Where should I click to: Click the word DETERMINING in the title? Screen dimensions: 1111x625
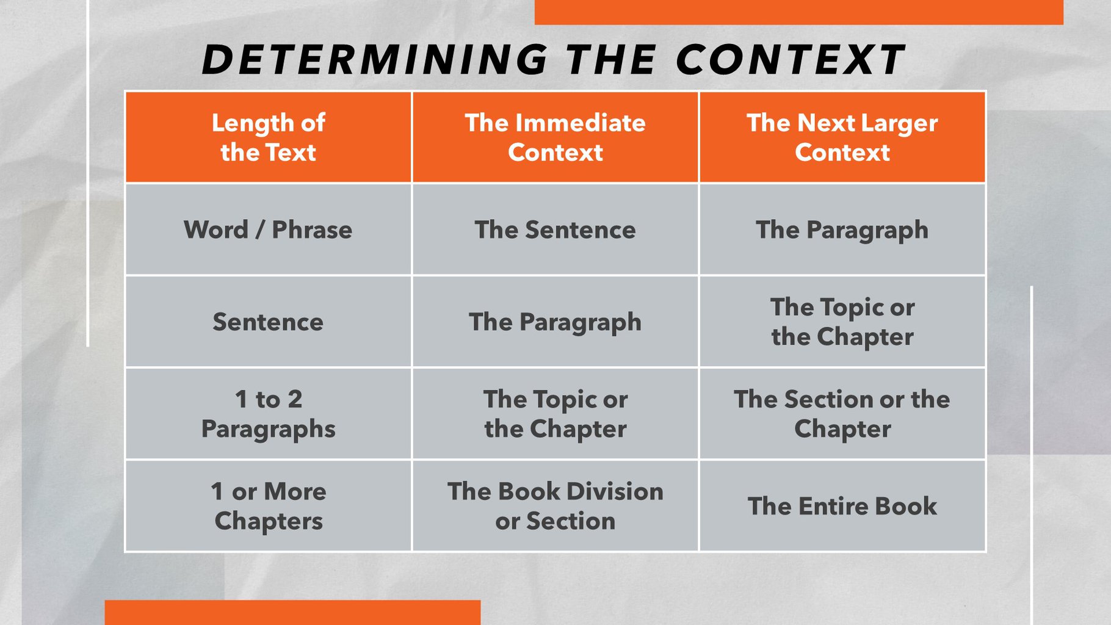(375, 60)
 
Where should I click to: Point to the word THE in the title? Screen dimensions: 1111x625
(611, 60)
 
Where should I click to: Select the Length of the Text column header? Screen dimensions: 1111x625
(268, 137)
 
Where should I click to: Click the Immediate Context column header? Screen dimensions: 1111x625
(555, 137)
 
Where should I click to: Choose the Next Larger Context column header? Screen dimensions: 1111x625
(842, 137)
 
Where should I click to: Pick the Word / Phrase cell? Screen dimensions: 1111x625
(268, 230)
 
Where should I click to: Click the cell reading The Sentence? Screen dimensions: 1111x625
(555, 230)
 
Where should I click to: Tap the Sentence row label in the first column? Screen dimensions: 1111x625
(268, 322)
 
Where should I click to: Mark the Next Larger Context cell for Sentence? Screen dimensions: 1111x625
(842, 322)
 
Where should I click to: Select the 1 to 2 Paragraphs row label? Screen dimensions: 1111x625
(268, 414)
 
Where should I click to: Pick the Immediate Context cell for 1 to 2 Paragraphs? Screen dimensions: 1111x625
(555, 414)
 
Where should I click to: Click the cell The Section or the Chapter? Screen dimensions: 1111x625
(842, 414)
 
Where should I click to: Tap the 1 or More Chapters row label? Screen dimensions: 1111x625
(268, 507)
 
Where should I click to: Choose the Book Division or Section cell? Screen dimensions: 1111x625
(555, 507)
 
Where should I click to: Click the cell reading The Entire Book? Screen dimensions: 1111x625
(842, 507)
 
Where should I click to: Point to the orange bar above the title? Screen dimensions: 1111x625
(798, 12)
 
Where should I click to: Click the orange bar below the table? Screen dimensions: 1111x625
(292, 613)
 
